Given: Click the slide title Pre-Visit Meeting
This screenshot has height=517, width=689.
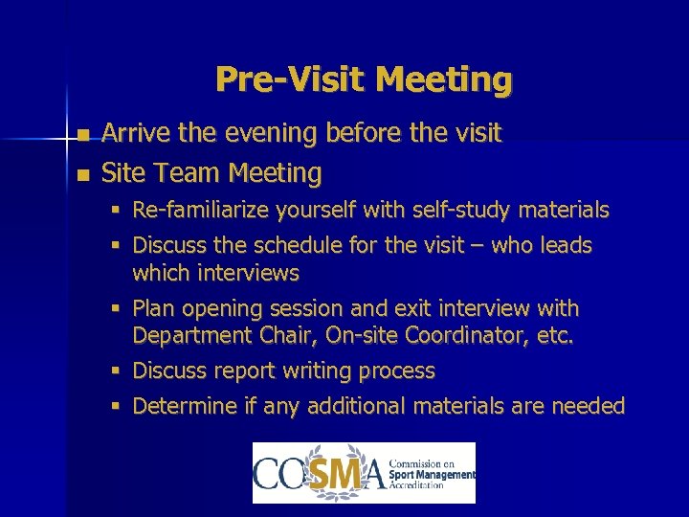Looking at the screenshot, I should pyautogui.click(x=364, y=79).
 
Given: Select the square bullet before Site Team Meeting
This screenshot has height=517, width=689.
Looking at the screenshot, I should pyautogui.click(x=82, y=174).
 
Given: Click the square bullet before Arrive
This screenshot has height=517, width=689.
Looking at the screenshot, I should pyautogui.click(x=82, y=134).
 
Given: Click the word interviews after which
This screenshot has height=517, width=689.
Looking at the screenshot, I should pyautogui.click(x=248, y=273).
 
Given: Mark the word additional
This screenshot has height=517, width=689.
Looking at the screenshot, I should pyautogui.click(x=352, y=407).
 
